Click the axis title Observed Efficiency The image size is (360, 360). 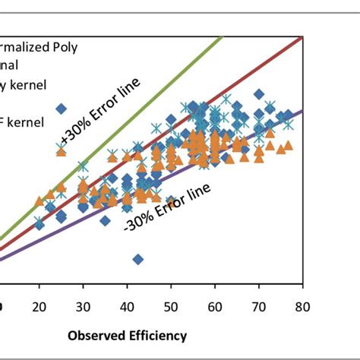(x=127, y=334)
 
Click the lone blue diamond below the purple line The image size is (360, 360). (x=137, y=259)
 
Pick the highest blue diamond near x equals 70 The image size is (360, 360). (x=259, y=95)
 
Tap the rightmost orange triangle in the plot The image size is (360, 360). (x=289, y=145)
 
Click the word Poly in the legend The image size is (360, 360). (x=85, y=46)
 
